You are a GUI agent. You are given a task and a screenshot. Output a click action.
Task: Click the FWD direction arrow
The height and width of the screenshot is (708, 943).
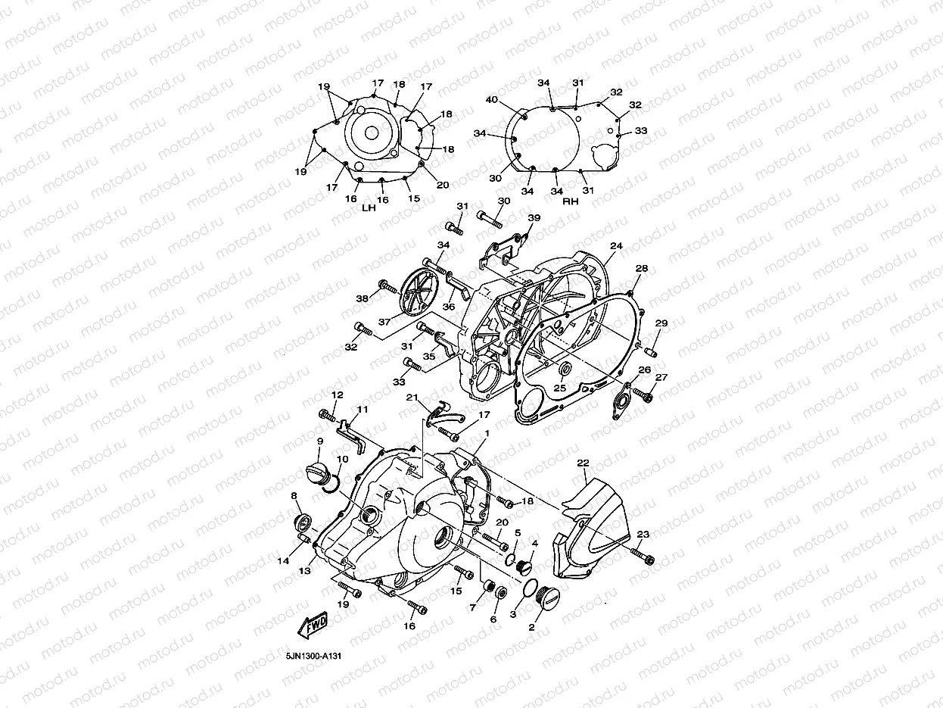click(x=312, y=625)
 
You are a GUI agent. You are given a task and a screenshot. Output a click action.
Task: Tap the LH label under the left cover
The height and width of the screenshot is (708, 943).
click(x=369, y=207)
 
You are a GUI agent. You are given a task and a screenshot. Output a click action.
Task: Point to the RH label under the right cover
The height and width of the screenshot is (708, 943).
click(x=570, y=202)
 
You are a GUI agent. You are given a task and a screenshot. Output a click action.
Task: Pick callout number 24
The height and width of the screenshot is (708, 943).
click(x=616, y=246)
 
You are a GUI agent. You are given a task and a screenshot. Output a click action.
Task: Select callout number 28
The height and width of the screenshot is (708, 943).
click(x=642, y=269)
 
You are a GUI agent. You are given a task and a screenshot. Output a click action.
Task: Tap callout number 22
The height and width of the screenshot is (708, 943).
click(x=582, y=463)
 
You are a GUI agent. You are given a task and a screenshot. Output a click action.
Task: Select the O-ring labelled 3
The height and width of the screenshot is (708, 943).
click(x=529, y=591)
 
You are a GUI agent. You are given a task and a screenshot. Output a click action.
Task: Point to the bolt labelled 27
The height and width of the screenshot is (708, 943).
click(x=645, y=394)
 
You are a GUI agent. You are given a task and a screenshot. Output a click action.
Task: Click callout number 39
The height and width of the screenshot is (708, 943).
click(x=534, y=218)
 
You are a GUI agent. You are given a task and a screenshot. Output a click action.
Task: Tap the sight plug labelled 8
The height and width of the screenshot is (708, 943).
click(x=303, y=522)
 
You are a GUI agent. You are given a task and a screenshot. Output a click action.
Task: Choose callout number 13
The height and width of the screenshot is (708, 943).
click(x=305, y=571)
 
